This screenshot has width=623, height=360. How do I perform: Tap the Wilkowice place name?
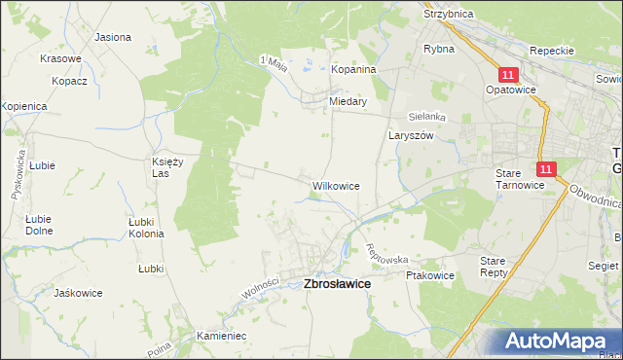pyautogui.click(x=336, y=185)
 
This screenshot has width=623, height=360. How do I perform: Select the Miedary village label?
pyautogui.click(x=348, y=100)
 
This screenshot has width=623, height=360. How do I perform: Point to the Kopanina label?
pyautogui.click(x=353, y=70)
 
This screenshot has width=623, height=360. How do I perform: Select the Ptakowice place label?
pyautogui.click(x=429, y=275)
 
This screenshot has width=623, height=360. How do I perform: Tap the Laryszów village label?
pyautogui.click(x=411, y=136)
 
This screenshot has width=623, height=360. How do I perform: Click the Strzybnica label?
pyautogui.click(x=448, y=15)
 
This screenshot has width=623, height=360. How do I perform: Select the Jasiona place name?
pyautogui.click(x=113, y=37)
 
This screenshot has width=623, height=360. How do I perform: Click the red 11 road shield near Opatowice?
pyautogui.click(x=508, y=74)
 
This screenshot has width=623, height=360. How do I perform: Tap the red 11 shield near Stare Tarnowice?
pyautogui.click(x=545, y=169)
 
